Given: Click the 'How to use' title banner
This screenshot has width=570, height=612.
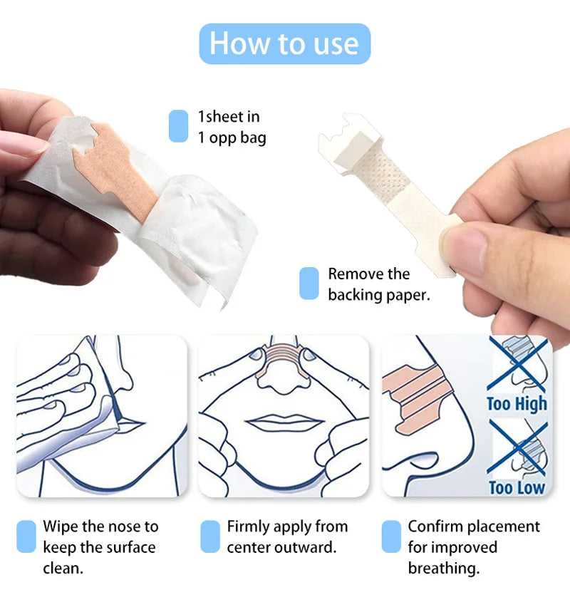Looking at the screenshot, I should coord(285,43).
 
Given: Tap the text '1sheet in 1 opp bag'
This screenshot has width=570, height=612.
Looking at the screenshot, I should coord(232,127).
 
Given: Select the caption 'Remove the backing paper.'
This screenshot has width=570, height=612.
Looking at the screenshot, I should coord(378,284).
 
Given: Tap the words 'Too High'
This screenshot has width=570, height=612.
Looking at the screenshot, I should coord(517,404).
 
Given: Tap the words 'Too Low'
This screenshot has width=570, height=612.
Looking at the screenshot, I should coord(517,488).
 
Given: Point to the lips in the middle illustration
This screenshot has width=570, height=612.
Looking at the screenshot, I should coord(284,422).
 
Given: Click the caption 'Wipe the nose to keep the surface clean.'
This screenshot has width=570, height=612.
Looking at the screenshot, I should coord(100,547).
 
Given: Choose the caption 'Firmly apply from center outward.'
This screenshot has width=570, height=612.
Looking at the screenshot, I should coord(287,536).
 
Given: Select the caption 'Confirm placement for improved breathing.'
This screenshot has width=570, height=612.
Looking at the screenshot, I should coord(474,547).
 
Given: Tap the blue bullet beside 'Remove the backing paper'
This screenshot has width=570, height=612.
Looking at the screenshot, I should coord(309,283).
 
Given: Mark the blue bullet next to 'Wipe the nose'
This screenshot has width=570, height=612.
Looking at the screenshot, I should coord(26,536).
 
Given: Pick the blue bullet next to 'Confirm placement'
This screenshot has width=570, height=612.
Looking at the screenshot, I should coord(391,536).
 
